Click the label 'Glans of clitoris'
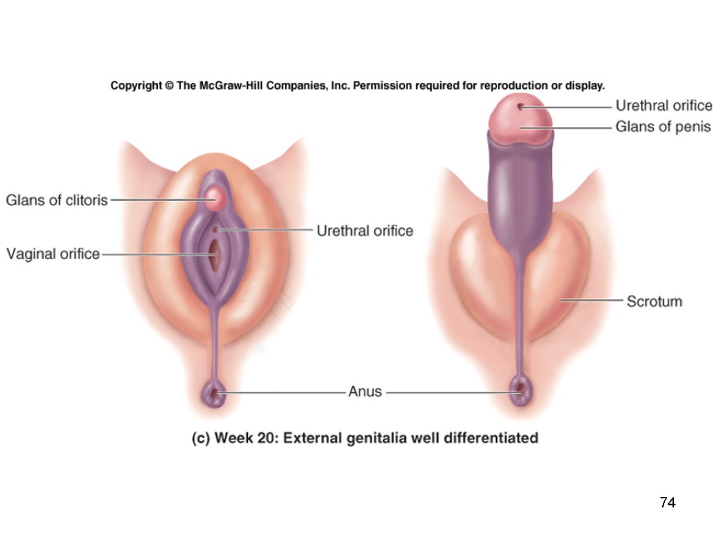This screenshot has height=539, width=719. (57, 200)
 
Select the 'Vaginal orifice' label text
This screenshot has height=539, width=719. (53, 254)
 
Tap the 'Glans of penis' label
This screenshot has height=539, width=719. (663, 127)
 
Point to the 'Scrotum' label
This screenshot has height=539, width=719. (654, 302)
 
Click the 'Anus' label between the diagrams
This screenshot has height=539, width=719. (365, 392)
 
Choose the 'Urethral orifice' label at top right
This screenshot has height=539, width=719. (664, 106)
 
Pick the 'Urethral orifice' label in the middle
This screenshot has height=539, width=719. (364, 231)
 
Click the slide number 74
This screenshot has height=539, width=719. (667, 503)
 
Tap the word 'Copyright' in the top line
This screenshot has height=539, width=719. (136, 86)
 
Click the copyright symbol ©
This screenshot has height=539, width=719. (169, 86)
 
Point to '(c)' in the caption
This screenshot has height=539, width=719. (201, 439)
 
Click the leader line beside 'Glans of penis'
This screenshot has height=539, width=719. (569, 128)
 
